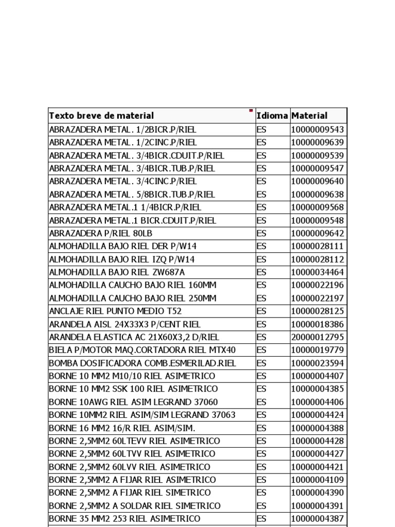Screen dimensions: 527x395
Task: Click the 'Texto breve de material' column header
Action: (x=101, y=116)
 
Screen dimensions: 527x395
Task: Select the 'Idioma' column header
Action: (x=272, y=116)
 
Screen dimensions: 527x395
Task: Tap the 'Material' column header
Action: (x=309, y=116)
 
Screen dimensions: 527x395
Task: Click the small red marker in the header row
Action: (x=251, y=110)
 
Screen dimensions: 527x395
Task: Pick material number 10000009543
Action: (x=317, y=129)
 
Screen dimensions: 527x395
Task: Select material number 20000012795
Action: (x=317, y=337)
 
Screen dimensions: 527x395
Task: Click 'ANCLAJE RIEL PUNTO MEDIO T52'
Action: (x=115, y=311)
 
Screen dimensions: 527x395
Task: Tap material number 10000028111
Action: (x=317, y=246)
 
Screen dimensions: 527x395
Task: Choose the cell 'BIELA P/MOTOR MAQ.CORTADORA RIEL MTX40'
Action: (x=142, y=350)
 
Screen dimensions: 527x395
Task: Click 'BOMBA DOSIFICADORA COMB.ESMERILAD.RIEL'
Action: (x=142, y=363)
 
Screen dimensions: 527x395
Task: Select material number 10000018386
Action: (x=317, y=324)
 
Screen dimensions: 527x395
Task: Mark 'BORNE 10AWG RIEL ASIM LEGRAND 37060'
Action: (x=133, y=402)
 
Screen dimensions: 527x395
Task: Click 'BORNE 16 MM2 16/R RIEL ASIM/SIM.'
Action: (x=122, y=428)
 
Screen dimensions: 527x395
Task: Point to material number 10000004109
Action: (x=317, y=480)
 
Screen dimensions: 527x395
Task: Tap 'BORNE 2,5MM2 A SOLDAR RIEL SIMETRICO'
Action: (x=135, y=506)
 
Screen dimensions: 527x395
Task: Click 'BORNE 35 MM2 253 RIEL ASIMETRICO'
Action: (x=124, y=519)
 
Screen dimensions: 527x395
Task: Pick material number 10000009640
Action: (x=317, y=181)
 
